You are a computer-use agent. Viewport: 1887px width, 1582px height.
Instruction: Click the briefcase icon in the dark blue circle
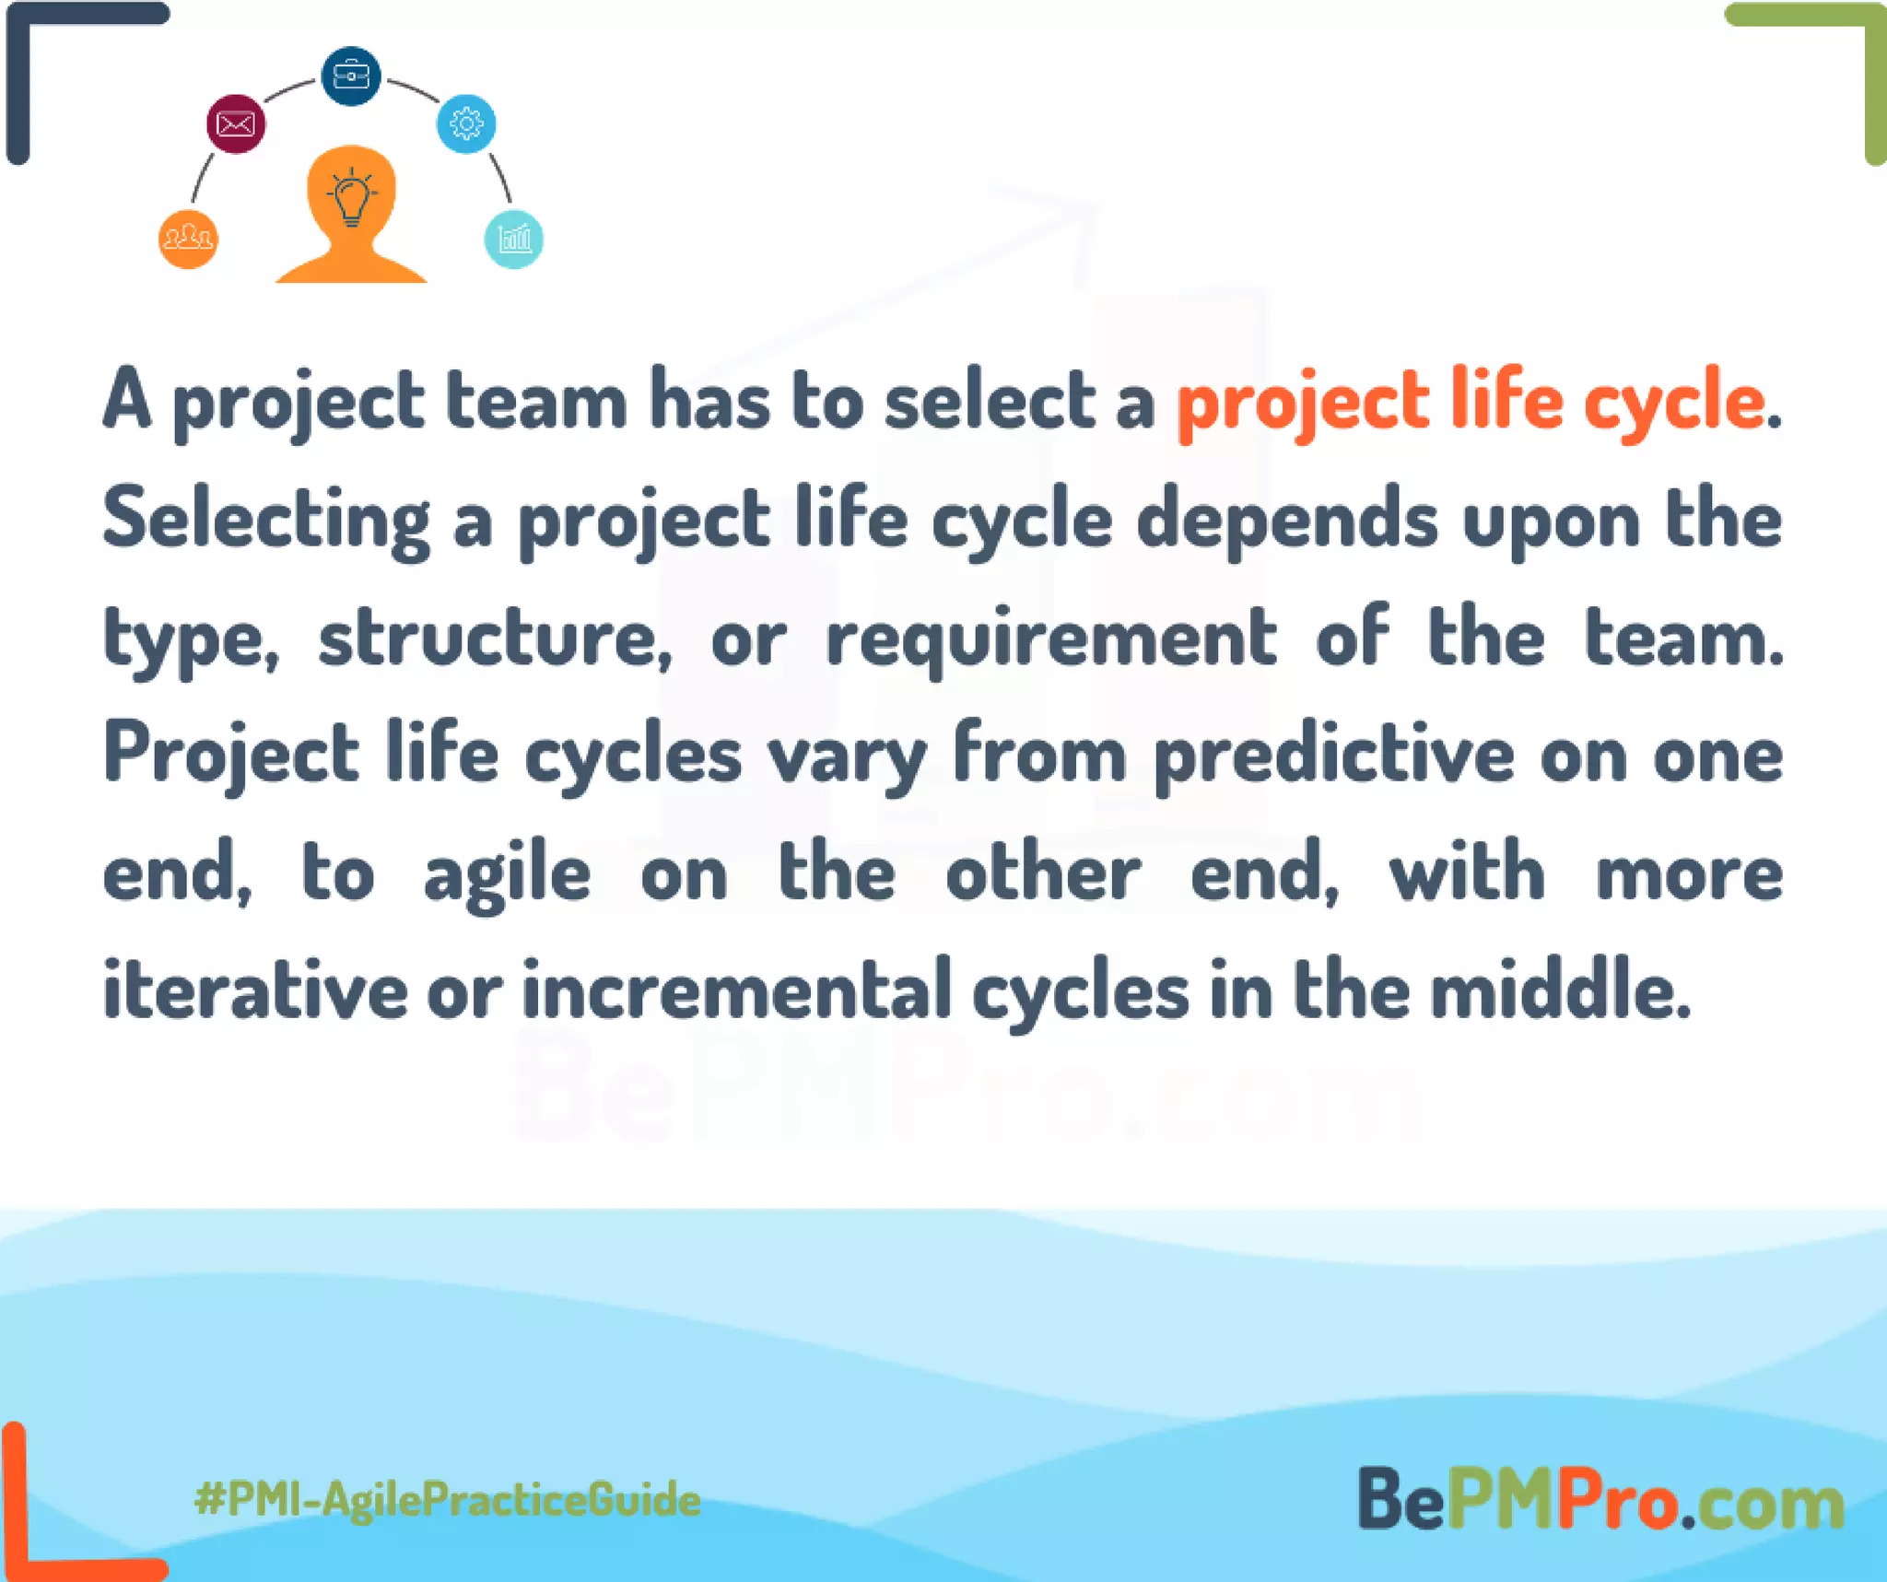(x=350, y=76)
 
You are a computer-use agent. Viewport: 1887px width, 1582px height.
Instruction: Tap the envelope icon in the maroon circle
(x=236, y=123)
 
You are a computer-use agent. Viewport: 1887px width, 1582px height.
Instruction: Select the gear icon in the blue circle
(x=466, y=123)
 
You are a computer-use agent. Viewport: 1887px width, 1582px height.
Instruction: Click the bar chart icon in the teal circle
(x=514, y=239)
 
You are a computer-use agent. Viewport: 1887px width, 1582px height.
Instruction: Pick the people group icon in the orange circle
(x=188, y=239)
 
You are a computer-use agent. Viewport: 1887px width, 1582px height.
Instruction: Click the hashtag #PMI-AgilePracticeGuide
(x=448, y=1499)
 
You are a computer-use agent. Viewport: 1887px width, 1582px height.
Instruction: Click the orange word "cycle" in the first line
(x=1674, y=403)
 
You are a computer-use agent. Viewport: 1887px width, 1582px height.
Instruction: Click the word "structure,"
(x=496, y=639)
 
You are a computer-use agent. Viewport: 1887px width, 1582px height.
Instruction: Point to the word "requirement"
(x=1051, y=639)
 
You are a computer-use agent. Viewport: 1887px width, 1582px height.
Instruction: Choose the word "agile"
(x=507, y=874)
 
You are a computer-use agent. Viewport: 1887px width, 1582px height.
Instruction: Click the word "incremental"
(x=737, y=990)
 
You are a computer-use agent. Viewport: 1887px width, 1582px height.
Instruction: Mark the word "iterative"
(x=255, y=990)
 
